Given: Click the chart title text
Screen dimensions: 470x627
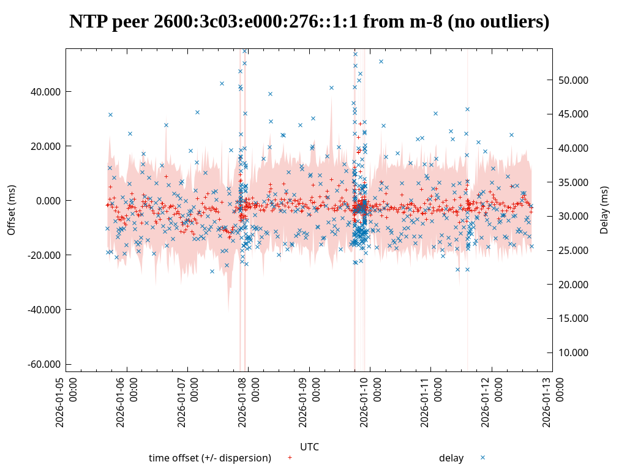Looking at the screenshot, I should (x=309, y=22).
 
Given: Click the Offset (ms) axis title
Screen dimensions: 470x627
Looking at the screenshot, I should (x=12, y=210).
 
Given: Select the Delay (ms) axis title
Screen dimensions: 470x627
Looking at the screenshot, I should (x=604, y=210).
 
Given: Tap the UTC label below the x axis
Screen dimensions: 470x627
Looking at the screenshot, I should (x=309, y=447).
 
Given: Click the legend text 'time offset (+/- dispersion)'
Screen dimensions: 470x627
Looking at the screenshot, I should (x=210, y=458).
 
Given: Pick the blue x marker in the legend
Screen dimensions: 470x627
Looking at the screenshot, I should (x=482, y=457).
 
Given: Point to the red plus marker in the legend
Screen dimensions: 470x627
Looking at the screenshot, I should (x=290, y=457).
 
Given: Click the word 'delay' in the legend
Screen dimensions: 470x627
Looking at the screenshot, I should (x=451, y=458).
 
